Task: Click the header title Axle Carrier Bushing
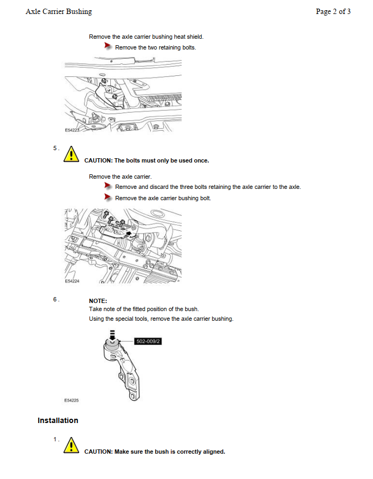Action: tap(59, 11)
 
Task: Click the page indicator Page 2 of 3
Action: tap(333, 11)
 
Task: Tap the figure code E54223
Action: tap(72, 131)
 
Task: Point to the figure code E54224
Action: tap(72, 281)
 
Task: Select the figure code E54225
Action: tap(72, 400)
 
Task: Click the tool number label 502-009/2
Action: tap(149, 341)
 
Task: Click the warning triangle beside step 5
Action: tap(71, 154)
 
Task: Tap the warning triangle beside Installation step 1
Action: tap(71, 446)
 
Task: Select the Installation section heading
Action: tap(58, 420)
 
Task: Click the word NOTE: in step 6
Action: tap(98, 301)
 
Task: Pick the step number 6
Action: tap(56, 299)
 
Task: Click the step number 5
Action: tap(56, 148)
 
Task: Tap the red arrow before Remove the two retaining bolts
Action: tap(108, 47)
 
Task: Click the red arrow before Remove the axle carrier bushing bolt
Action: tap(108, 198)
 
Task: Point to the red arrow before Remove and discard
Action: tap(108, 186)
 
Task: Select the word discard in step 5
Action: tap(161, 187)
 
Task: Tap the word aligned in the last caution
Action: tap(212, 452)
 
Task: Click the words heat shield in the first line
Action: tap(188, 37)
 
